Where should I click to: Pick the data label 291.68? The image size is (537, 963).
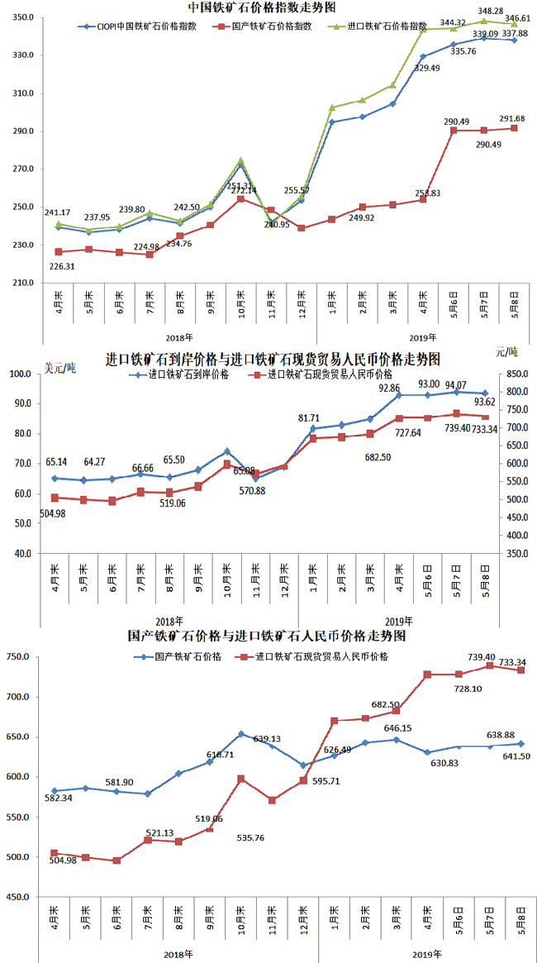click(517, 118)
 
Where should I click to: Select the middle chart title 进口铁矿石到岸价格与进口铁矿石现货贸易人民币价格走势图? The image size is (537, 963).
click(273, 359)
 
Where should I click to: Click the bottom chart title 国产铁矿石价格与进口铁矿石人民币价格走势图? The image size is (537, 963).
click(266, 636)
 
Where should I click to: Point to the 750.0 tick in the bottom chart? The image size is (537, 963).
click(19, 657)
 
